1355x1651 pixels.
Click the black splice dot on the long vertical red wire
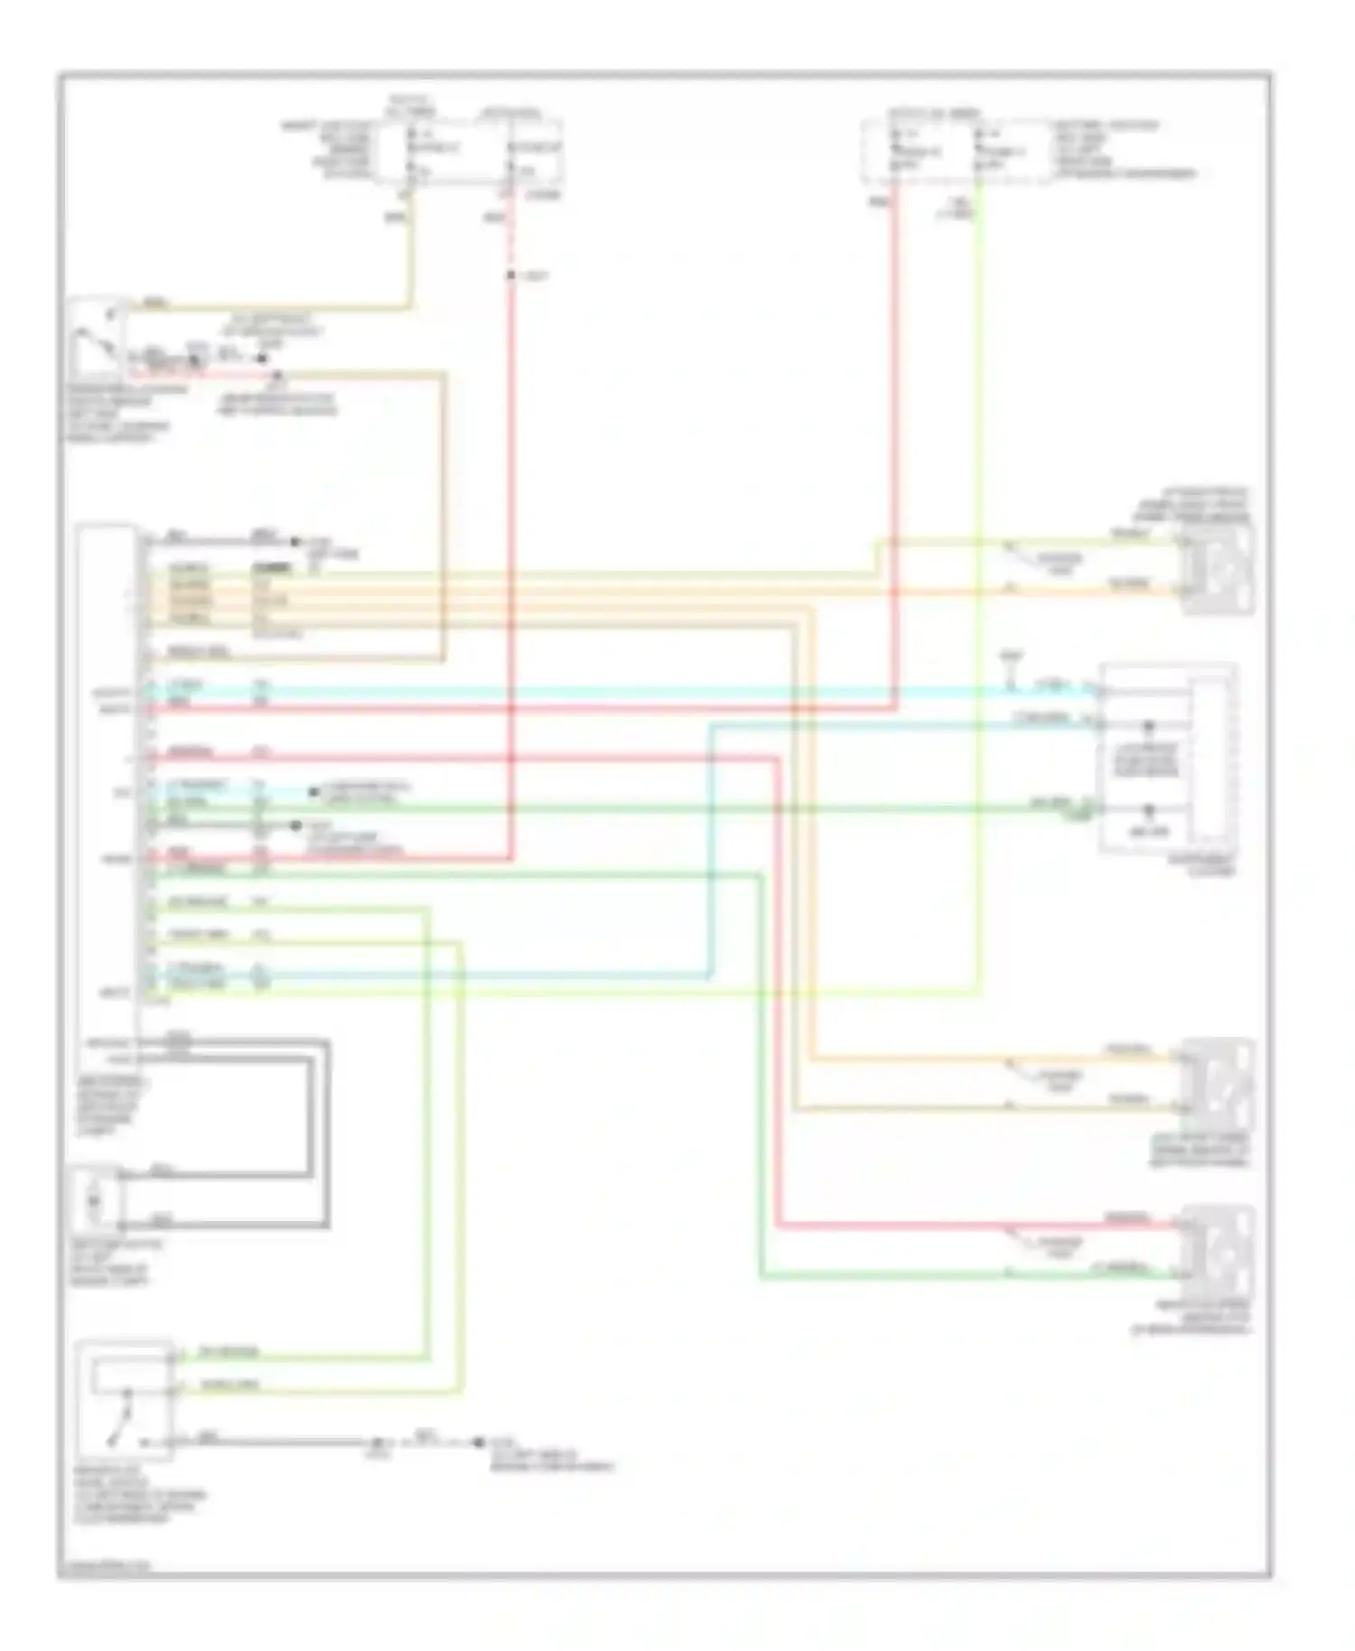pyautogui.click(x=510, y=275)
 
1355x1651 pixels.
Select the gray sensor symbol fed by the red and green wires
pyautogui.click(x=1217, y=1251)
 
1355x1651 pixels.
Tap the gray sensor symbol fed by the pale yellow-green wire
pyautogui.click(x=1217, y=570)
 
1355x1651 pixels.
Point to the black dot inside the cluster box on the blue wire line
pyautogui.click(x=1149, y=726)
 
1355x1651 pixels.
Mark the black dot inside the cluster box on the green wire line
pyautogui.click(x=1149, y=810)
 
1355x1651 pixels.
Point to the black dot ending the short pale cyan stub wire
pyautogui.click(x=314, y=792)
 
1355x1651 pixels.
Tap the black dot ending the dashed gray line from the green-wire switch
pyautogui.click(x=480, y=1442)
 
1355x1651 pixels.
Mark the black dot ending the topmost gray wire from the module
pyautogui.click(x=295, y=542)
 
